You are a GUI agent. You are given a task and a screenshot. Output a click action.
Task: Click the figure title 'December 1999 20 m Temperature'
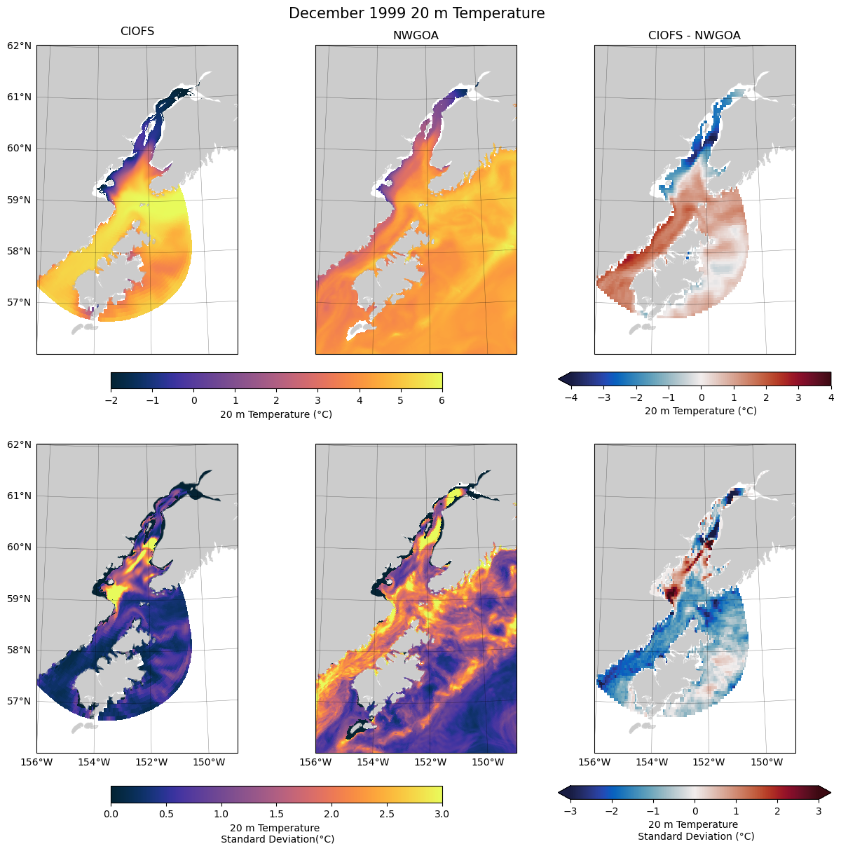tap(416, 13)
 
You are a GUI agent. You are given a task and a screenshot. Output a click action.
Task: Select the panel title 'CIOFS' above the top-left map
tap(137, 32)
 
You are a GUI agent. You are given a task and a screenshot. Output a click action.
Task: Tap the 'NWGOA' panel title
tap(416, 35)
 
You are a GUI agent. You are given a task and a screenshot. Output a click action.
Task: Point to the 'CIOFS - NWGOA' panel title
tap(694, 35)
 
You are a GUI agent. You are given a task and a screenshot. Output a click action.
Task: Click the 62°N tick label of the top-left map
tap(20, 46)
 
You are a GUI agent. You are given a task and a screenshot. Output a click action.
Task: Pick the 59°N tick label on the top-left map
tap(20, 200)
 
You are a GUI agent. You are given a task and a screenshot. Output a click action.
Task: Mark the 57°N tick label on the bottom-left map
tap(20, 701)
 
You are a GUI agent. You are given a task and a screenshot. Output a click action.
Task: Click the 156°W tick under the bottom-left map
tap(37, 762)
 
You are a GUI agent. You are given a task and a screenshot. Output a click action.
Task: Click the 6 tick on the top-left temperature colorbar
tap(442, 400)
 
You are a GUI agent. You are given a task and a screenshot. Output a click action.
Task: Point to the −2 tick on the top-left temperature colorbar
tap(111, 400)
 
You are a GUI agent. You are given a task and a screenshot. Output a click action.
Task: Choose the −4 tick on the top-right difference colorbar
tap(570, 397)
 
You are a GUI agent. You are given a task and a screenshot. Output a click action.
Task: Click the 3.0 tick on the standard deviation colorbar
tap(442, 814)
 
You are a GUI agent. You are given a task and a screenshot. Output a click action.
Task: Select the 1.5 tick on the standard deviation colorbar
tap(276, 814)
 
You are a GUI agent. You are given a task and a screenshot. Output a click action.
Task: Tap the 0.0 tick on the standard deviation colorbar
tap(111, 814)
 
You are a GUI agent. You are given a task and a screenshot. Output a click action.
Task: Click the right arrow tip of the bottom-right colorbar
tap(830, 792)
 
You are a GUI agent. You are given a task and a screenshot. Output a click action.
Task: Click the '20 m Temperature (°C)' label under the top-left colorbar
tap(276, 414)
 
